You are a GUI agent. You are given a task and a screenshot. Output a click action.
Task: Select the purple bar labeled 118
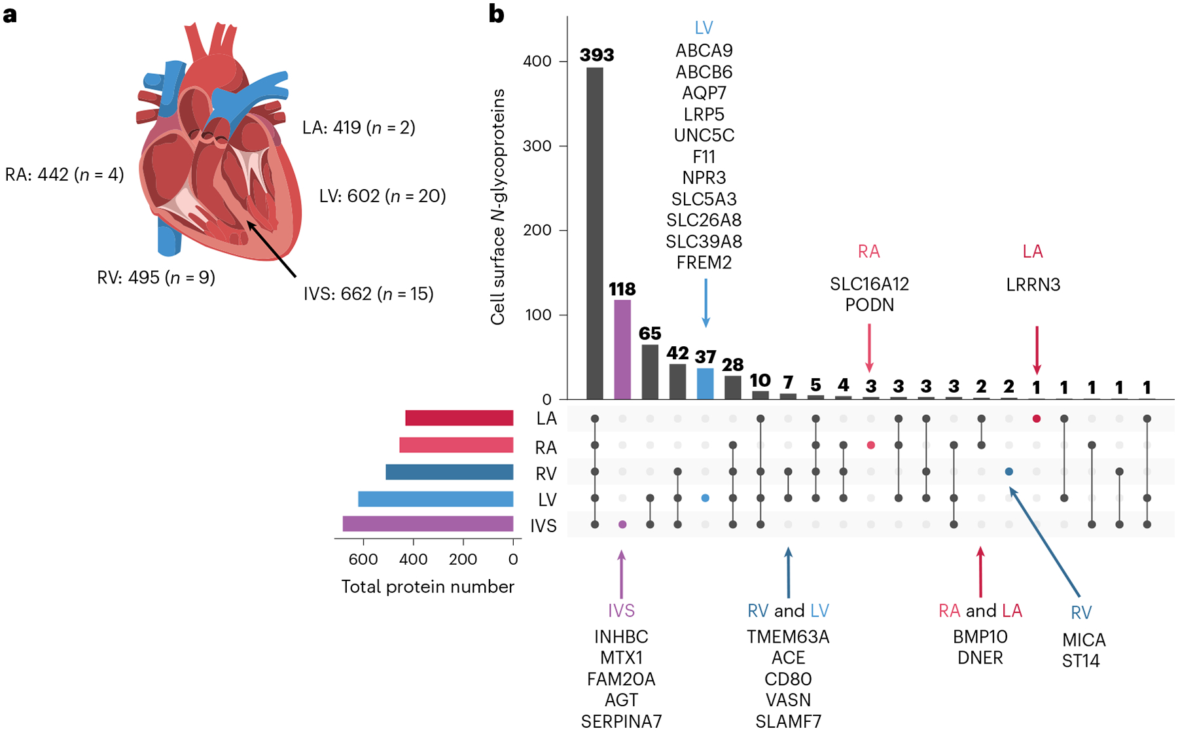pos(622,349)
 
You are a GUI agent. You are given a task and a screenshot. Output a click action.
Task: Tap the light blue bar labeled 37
pos(705,383)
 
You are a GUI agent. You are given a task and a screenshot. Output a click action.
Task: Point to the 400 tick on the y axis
pos(537,62)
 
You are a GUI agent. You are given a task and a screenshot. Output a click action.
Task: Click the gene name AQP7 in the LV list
pos(704,93)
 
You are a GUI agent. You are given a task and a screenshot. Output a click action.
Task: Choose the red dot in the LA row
pos(1037,419)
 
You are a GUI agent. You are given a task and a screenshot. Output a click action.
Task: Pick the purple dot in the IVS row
pos(622,524)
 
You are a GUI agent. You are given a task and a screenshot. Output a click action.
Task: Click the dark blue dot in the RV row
pos(1009,472)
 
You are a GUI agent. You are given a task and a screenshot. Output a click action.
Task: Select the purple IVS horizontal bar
pos(427,524)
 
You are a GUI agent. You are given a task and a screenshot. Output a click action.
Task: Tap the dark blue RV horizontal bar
pos(449,472)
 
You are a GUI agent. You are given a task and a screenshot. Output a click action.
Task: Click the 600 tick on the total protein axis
pos(363,560)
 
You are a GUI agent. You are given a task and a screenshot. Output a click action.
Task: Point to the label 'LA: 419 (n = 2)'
pos(359,127)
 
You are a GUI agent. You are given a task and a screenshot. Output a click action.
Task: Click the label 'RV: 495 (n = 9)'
pos(156,277)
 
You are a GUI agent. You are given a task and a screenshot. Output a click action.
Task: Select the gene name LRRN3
pos(1033,285)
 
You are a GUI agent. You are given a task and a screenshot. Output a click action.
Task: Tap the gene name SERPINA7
pos(621,721)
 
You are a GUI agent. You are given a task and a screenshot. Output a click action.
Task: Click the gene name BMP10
pos(980,637)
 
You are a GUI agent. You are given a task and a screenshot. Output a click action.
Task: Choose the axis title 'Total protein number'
pos(427,586)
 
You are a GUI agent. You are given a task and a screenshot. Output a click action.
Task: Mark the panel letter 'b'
pos(497,14)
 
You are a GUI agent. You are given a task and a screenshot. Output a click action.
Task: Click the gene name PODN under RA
pos(869,305)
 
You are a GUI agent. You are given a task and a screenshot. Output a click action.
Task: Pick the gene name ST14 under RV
pos(1080,661)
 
